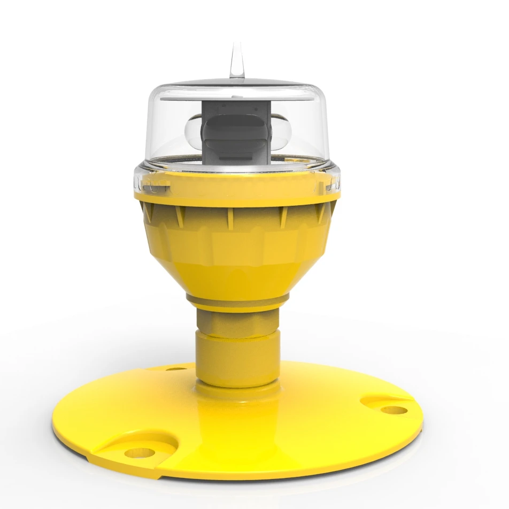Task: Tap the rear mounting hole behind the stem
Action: (172, 368)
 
